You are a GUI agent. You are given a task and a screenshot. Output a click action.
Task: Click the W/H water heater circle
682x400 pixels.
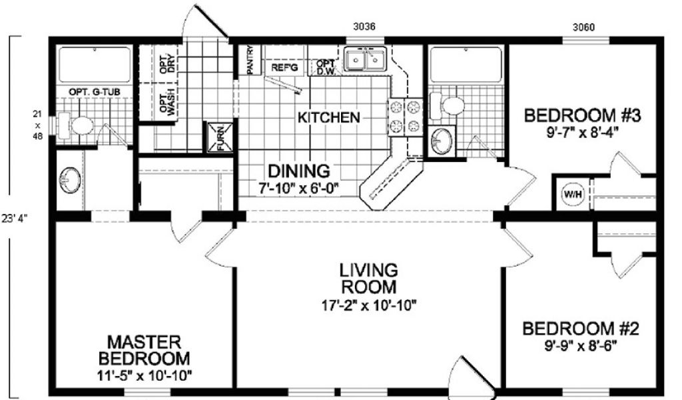[573, 194]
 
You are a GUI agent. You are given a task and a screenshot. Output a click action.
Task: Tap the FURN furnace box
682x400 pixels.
[216, 137]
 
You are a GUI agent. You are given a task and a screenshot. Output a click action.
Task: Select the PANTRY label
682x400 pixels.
[250, 59]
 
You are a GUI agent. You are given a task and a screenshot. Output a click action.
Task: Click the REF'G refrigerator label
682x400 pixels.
[284, 67]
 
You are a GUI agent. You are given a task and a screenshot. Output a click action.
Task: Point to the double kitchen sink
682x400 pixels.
[365, 59]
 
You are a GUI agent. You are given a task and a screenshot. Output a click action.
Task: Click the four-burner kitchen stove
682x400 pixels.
[405, 117]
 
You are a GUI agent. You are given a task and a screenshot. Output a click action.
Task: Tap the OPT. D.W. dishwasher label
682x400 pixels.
[326, 67]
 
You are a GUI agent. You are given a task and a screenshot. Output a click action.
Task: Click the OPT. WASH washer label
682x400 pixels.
[167, 102]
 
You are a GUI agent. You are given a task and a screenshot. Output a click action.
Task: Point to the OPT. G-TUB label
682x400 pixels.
[95, 92]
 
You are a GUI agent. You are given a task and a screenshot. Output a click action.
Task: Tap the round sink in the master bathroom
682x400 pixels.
[69, 180]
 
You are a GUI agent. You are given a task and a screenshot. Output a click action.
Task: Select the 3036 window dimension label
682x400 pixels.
[364, 27]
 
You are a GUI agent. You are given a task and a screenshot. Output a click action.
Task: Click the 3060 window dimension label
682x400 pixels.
[583, 27]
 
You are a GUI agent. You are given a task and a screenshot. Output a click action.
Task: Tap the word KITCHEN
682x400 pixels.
[329, 117]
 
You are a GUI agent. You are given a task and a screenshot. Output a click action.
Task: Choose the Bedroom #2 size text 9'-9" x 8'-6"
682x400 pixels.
[581, 346]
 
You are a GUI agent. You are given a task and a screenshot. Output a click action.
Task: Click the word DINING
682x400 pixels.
[299, 171]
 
